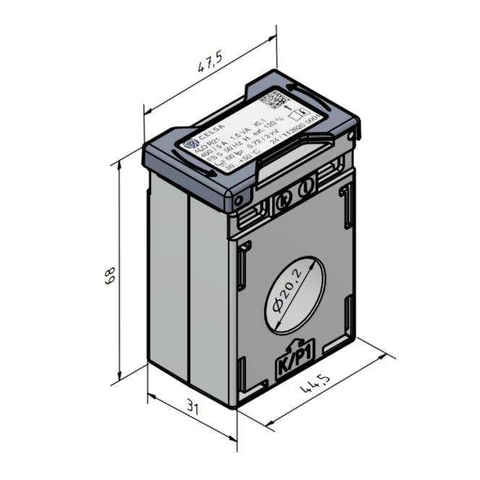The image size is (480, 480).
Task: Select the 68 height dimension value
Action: tap(108, 276)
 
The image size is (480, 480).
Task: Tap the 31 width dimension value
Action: tap(192, 408)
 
